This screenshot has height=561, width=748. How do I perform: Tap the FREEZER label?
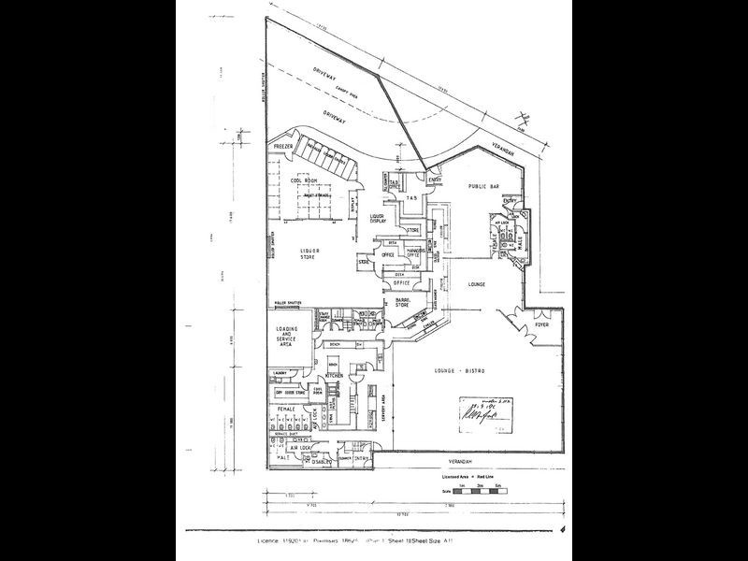click(x=284, y=149)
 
